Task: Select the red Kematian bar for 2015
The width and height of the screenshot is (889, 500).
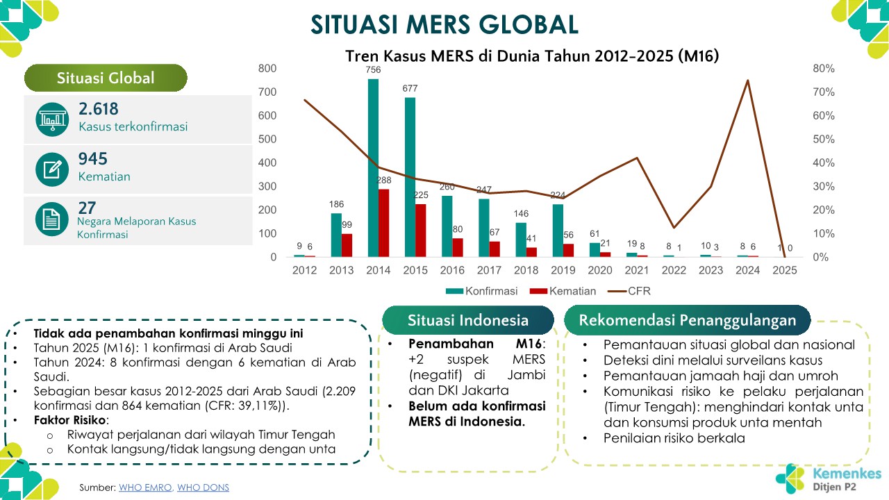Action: tap(422, 231)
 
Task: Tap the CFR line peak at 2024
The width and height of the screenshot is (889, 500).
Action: tap(748, 81)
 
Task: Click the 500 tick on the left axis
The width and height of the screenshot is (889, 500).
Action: tap(267, 139)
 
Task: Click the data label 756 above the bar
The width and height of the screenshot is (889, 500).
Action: tap(373, 69)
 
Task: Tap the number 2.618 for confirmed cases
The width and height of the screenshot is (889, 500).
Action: tap(99, 109)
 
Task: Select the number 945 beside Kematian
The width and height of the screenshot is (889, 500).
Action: tap(93, 159)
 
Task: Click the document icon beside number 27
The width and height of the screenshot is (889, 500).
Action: tap(52, 219)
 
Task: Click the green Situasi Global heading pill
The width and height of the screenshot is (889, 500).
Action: tap(106, 78)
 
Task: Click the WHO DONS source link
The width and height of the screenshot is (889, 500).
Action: tap(203, 487)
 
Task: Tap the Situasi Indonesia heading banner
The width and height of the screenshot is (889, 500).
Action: tap(467, 320)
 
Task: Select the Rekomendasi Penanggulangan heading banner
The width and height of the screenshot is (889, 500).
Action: tap(687, 320)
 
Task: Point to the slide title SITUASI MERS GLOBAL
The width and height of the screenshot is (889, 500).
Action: tap(444, 24)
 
